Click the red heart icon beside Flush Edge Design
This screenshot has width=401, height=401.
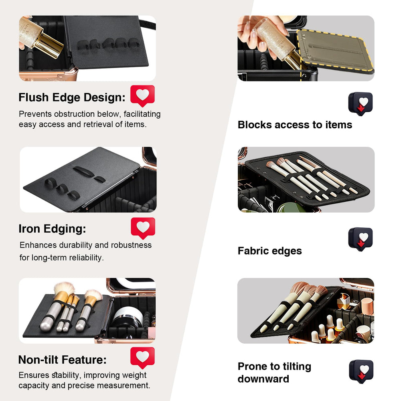(142, 96)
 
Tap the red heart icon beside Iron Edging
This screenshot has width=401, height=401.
(143, 228)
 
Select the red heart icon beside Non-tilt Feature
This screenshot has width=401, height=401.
(142, 357)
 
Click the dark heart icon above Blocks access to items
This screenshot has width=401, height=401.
(360, 103)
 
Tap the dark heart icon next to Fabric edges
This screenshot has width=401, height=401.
(360, 239)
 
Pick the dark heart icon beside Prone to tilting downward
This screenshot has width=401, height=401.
(361, 371)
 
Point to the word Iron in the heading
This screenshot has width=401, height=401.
(29, 229)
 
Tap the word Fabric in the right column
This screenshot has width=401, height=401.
(253, 251)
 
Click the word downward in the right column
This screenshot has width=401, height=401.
(263, 379)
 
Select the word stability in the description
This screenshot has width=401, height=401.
(65, 375)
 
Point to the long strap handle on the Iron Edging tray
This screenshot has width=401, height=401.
(83, 171)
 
